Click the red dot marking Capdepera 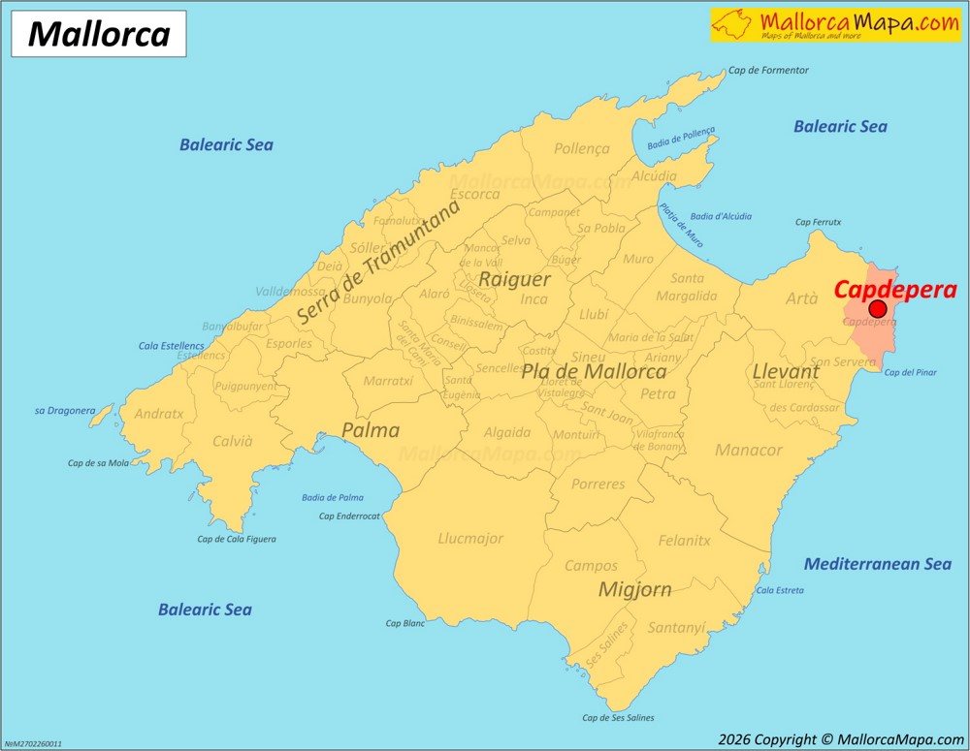tap(878, 309)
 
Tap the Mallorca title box tap(99, 34)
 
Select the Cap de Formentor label tap(768, 71)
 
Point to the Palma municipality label tap(371, 430)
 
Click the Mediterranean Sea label tap(878, 564)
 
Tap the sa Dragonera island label tap(65, 411)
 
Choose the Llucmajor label tap(470, 539)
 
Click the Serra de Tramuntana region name tap(378, 261)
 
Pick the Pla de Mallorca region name tap(595, 371)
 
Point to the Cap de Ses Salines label tap(618, 718)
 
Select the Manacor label tap(748, 451)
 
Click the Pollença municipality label tap(582, 149)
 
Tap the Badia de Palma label tap(333, 497)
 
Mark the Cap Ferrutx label tap(818, 223)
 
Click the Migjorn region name tap(635, 589)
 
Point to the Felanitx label tap(684, 541)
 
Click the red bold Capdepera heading tap(895, 289)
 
